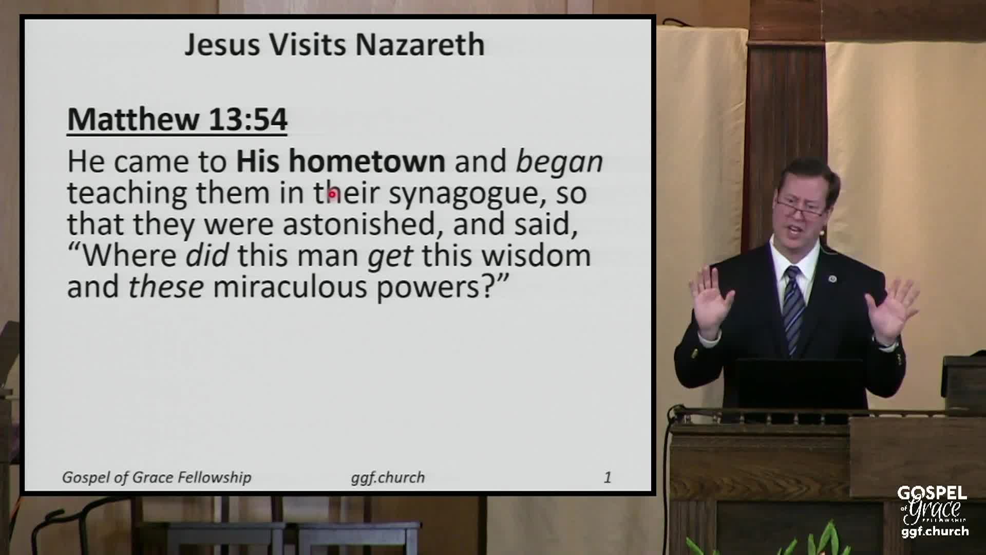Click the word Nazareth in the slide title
point(420,44)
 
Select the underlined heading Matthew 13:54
point(177,120)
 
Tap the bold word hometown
point(367,161)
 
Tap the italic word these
point(166,287)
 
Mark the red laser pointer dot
point(333,195)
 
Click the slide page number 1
point(608,477)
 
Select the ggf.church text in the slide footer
point(388,478)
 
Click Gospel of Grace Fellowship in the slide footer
point(157,478)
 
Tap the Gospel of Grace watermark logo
point(932,512)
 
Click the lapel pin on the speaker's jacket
point(832,279)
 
